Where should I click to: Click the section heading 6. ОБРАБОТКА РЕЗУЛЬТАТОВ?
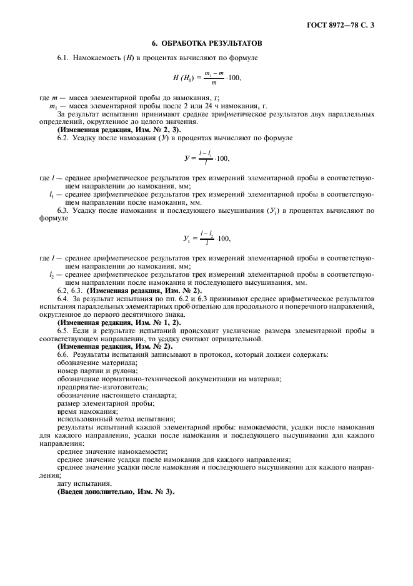pos(207,44)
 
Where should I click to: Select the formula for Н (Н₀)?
pos(207,78)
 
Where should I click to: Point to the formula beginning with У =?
pos(207,155)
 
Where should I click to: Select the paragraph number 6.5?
pos(62,330)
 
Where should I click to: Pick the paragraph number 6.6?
pos(62,354)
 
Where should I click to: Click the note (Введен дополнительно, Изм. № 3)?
pos(116,491)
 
